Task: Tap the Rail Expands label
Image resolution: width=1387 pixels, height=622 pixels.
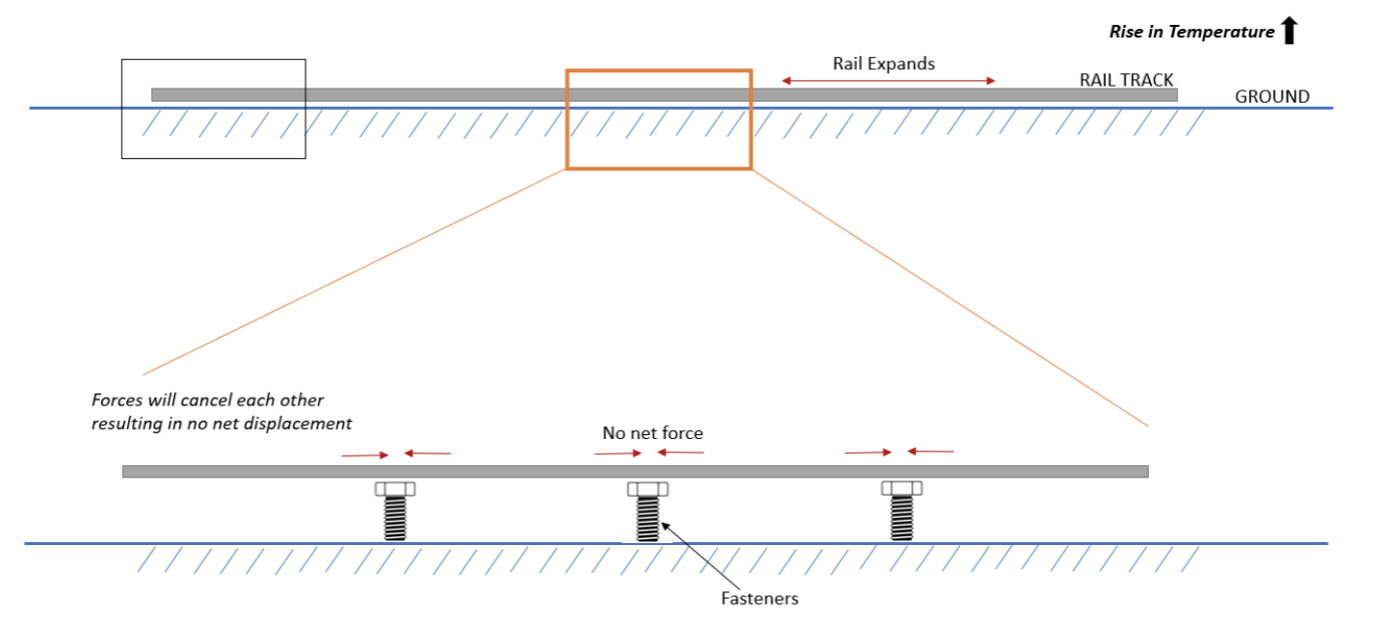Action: click(883, 64)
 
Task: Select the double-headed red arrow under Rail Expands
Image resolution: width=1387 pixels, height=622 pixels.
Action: click(887, 81)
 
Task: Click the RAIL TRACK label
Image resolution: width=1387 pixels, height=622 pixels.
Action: click(1126, 80)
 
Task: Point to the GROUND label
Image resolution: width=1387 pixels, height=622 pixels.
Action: click(1271, 96)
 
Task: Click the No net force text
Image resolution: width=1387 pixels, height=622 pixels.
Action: click(652, 433)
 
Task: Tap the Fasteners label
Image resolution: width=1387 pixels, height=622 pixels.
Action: click(760, 598)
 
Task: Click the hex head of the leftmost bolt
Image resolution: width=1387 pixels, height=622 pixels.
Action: click(394, 488)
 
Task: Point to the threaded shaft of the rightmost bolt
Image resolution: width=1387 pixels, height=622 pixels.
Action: click(902, 520)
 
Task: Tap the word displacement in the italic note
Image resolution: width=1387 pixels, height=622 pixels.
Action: click(303, 423)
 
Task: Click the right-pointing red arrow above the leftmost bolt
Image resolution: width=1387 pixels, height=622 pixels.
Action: click(365, 454)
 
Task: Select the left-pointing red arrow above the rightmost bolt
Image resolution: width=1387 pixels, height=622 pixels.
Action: click(930, 451)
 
